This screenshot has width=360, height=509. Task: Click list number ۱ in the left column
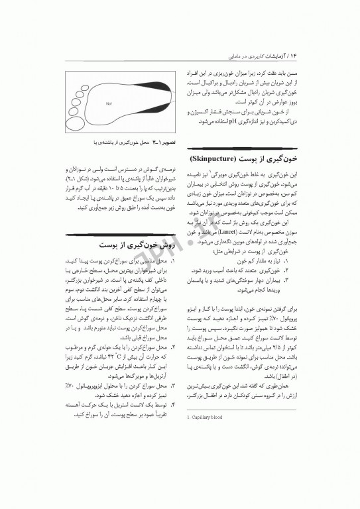click(172, 263)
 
